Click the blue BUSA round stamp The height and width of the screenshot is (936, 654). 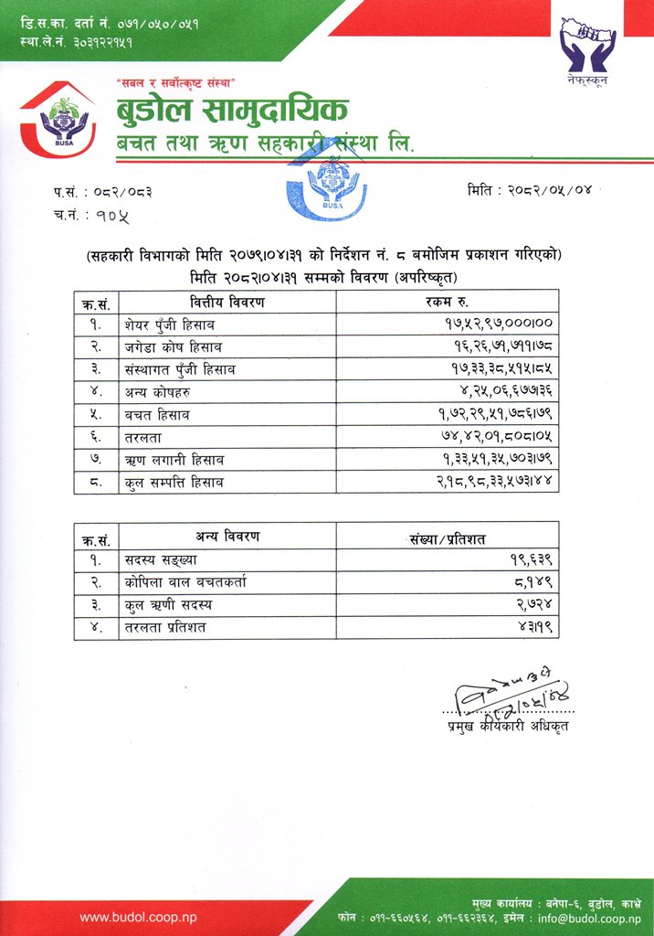click(326, 186)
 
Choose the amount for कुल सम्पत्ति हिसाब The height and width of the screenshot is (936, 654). click(502, 482)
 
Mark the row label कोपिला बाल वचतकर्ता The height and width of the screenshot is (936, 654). click(186, 582)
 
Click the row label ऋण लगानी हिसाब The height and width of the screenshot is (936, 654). click(177, 460)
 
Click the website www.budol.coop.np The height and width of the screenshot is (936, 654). click(138, 917)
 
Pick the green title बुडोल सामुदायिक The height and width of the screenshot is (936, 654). click(232, 112)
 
